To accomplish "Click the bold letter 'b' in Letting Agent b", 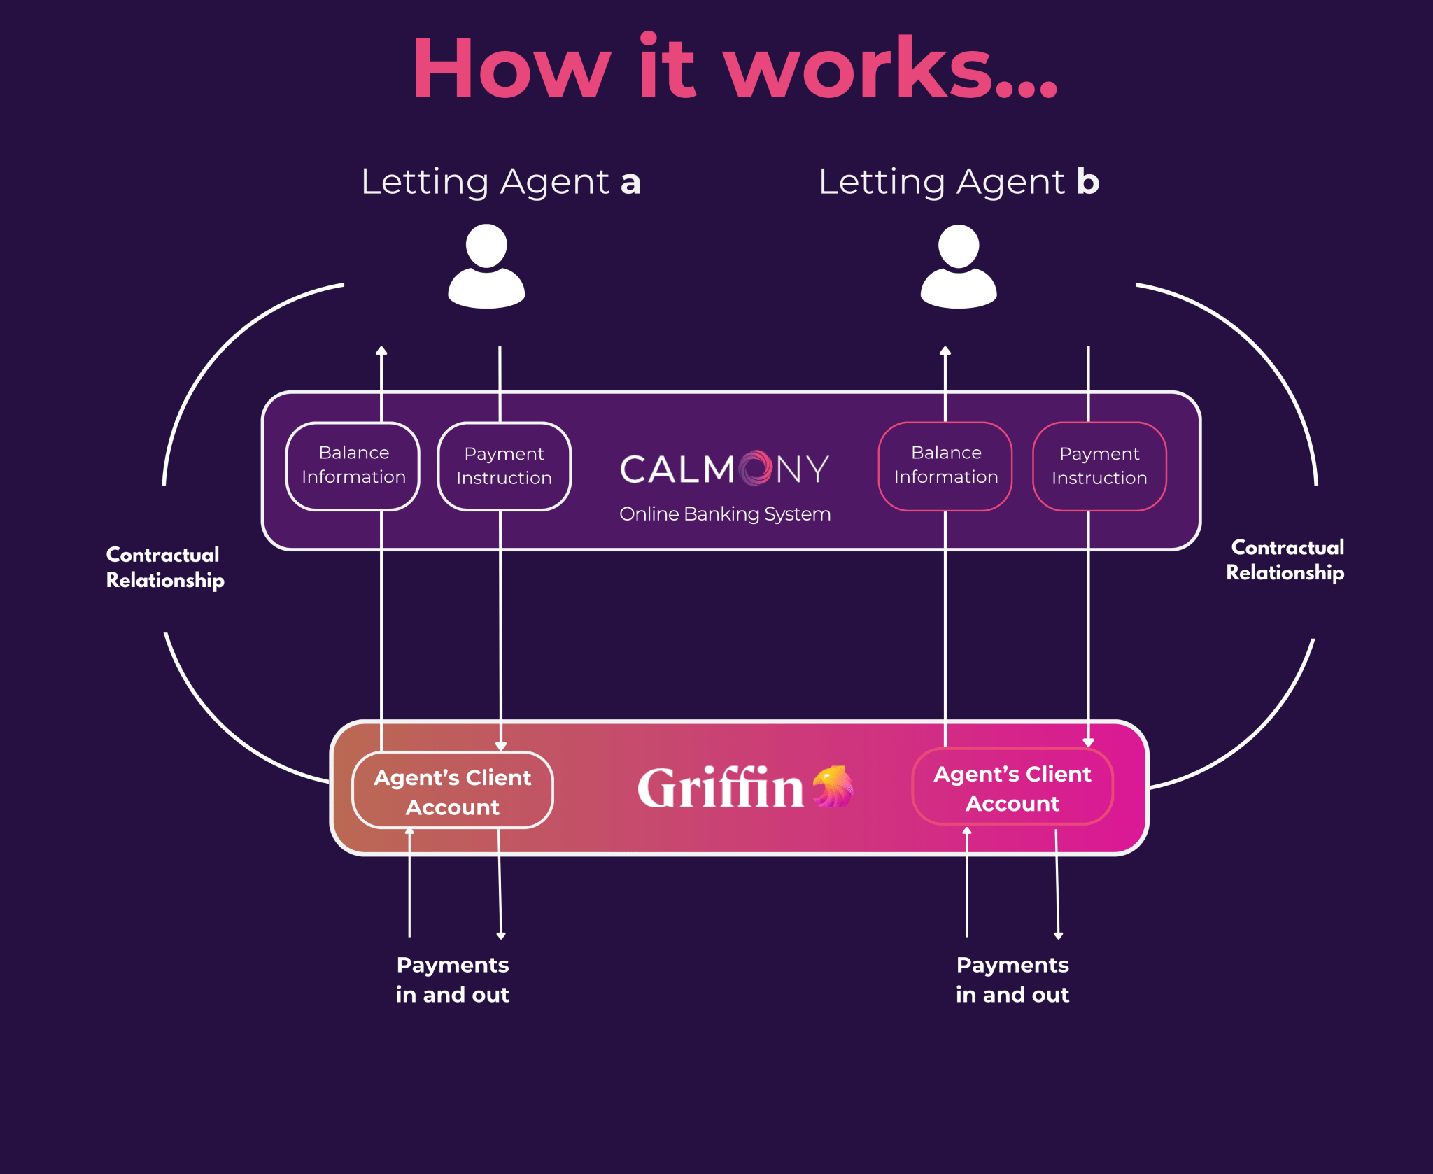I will [1087, 181].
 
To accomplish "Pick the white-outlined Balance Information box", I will [353, 465].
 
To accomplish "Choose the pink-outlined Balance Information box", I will [945, 465].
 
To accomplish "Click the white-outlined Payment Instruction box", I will [504, 466].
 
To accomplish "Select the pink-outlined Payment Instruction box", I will [1099, 466].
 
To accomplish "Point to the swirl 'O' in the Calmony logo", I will [756, 468].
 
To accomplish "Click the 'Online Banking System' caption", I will [725, 514].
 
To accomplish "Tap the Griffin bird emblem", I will [833, 786].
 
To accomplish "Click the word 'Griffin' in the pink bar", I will [720, 788].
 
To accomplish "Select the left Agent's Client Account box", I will [453, 791].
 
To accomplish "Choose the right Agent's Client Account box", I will [1012, 788].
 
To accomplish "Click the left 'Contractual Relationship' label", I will [164, 567].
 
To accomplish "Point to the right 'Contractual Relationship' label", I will [1285, 560].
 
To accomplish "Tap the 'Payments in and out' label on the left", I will [453, 979].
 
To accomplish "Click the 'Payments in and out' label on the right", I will [1012, 979].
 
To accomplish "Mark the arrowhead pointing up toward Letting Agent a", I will [381, 351].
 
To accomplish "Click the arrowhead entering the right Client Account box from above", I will [1088, 742].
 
